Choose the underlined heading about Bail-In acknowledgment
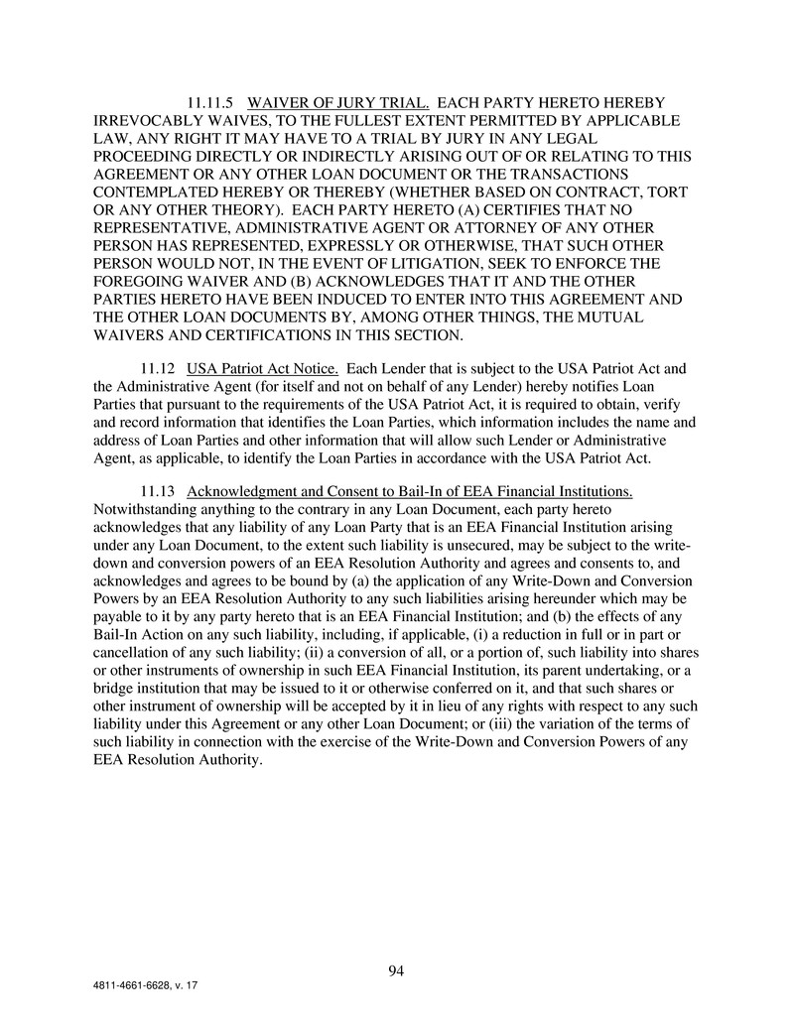[x=410, y=492]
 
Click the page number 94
[x=396, y=970]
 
